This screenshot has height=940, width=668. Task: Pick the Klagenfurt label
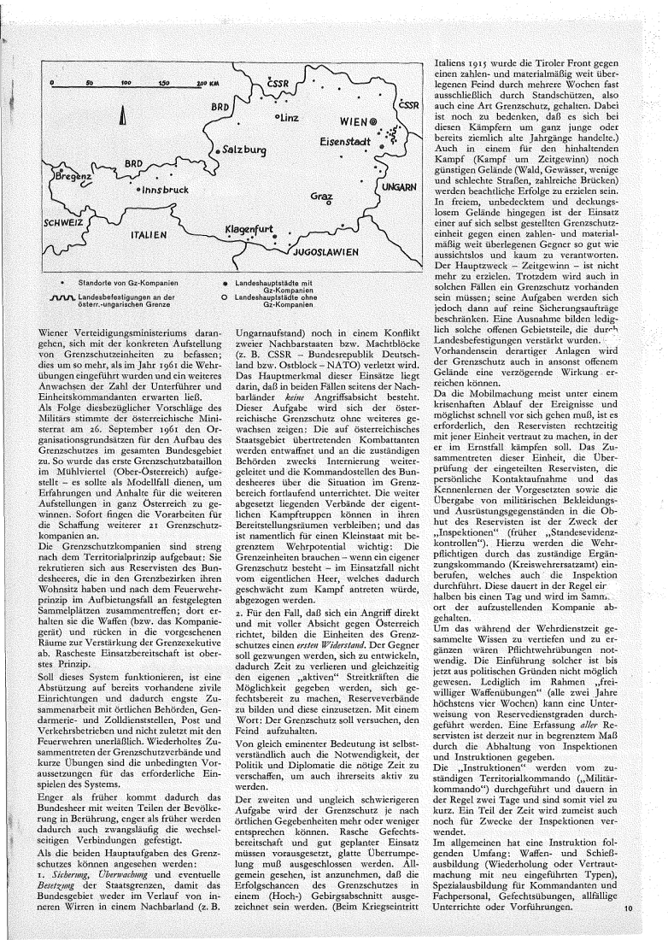(249, 230)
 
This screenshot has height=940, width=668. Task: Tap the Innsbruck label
(166, 189)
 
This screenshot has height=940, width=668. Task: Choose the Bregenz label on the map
(74, 175)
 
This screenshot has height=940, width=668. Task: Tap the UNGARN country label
(399, 186)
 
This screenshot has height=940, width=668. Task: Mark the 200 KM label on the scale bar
(208, 85)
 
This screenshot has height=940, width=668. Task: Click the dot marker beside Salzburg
(217, 150)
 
